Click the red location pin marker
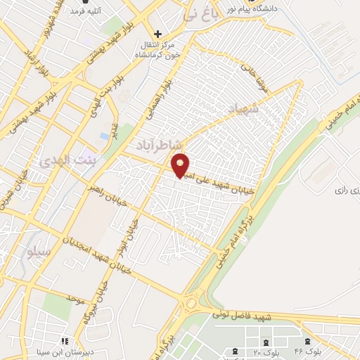181,165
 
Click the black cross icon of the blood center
157,33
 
